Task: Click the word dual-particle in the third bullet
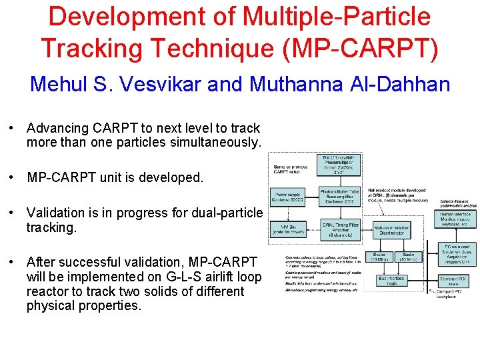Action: pos(226,213)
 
